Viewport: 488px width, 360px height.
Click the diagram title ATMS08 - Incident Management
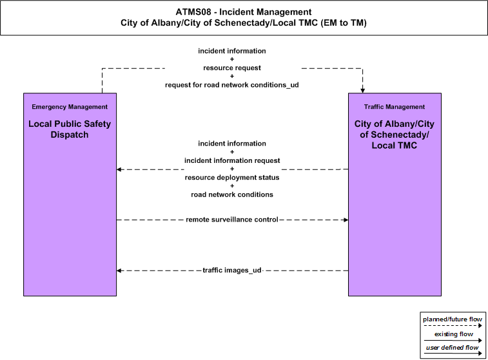pyautogui.click(x=244, y=12)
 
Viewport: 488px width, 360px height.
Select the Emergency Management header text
pyautogui.click(x=70, y=107)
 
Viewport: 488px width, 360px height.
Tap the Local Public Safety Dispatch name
pyautogui.click(x=70, y=129)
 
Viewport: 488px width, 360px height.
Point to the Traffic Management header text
pyautogui.click(x=395, y=107)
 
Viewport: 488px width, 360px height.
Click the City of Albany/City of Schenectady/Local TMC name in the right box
pyautogui.click(x=395, y=135)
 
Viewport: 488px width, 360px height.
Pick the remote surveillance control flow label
pyautogui.click(x=232, y=220)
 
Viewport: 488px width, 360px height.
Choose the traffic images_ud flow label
pyautogui.click(x=232, y=270)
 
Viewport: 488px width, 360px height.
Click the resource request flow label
pyautogui.click(x=232, y=68)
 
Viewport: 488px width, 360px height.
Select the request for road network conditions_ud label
pyautogui.click(x=232, y=85)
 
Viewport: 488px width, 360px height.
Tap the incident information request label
pyautogui.click(x=232, y=160)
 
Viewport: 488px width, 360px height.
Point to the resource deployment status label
pyautogui.click(x=232, y=178)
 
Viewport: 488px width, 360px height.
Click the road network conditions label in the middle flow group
pyautogui.click(x=232, y=194)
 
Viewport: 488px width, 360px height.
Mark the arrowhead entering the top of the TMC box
pyautogui.click(x=362, y=90)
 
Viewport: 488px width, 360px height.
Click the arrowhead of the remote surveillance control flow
pyautogui.click(x=346, y=220)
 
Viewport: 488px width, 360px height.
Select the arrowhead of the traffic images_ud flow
pyautogui.click(x=119, y=270)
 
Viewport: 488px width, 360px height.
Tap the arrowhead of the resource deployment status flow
pyautogui.click(x=119, y=169)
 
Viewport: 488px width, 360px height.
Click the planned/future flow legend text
pyautogui.click(x=452, y=319)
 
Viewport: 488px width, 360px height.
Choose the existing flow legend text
pyautogui.click(x=454, y=334)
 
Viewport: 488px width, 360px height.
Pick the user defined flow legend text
pyautogui.click(x=452, y=348)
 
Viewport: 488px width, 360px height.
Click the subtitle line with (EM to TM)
pyautogui.click(x=244, y=23)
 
